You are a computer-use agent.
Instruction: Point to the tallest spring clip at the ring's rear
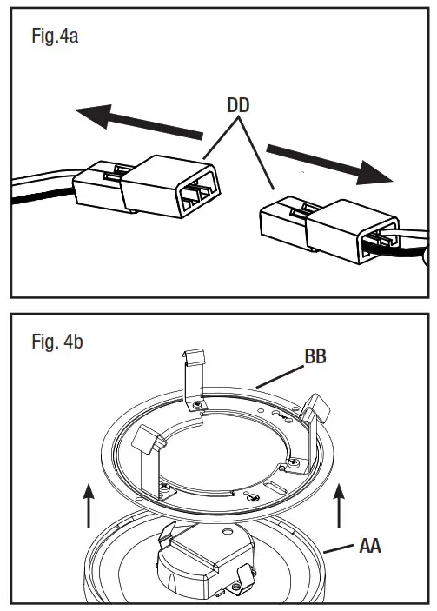click(197, 379)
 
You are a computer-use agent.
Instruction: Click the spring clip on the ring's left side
click(149, 448)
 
